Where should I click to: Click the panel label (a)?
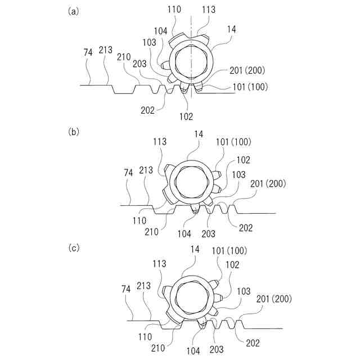click(x=73, y=11)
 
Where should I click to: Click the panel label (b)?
click(x=73, y=132)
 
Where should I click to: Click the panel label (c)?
click(x=73, y=247)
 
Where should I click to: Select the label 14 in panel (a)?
click(x=231, y=29)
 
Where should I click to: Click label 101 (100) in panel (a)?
click(x=250, y=87)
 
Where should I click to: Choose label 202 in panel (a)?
click(x=147, y=110)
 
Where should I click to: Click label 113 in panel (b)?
click(x=159, y=142)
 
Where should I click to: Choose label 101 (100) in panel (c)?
click(x=229, y=250)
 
